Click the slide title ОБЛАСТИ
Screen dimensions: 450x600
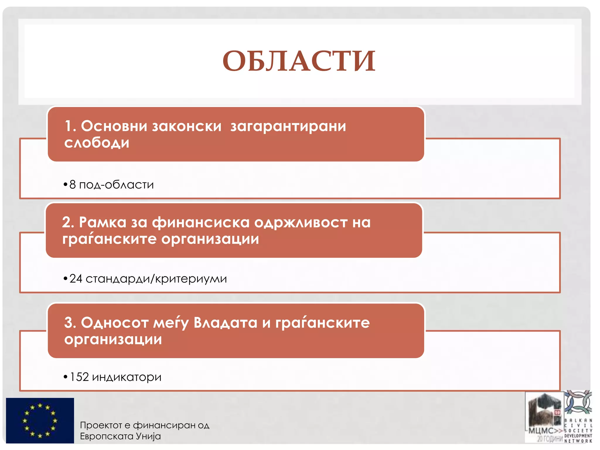(x=299, y=61)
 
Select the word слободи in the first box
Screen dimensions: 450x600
(x=97, y=143)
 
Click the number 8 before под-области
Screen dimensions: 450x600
(x=73, y=185)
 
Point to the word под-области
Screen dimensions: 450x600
(x=116, y=185)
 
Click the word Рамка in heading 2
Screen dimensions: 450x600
(x=103, y=222)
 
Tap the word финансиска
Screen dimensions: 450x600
(x=201, y=222)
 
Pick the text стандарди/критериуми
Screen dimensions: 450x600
(x=156, y=279)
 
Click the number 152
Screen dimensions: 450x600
(x=79, y=377)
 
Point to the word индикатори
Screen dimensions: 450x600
(x=127, y=377)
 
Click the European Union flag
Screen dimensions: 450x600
(x=40, y=420)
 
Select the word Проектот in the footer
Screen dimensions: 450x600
(x=101, y=425)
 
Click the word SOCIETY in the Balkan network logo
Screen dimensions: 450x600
(x=578, y=431)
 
